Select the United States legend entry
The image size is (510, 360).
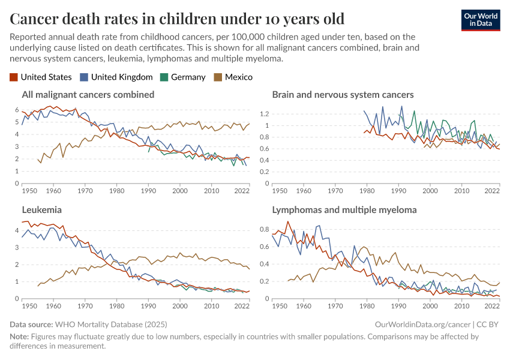[41, 77]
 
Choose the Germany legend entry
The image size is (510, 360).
[183, 77]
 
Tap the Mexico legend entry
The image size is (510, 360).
[233, 77]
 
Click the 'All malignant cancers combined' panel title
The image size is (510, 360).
[88, 95]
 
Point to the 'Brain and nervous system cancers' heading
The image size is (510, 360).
[343, 95]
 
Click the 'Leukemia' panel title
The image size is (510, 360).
[41, 210]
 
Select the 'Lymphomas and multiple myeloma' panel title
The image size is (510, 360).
[344, 210]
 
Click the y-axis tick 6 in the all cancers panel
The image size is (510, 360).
[17, 110]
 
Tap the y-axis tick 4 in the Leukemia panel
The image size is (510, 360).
[17, 230]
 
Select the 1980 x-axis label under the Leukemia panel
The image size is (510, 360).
[116, 306]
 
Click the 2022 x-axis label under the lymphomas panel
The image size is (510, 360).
[492, 306]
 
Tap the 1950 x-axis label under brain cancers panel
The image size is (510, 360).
[278, 191]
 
